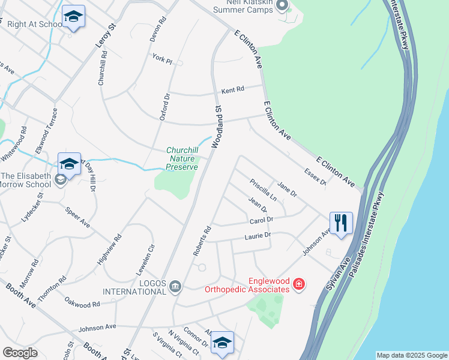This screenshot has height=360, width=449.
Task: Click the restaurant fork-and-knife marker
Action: pyautogui.click(x=341, y=223)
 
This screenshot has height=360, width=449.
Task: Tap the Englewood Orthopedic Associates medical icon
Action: pyautogui.click(x=299, y=284)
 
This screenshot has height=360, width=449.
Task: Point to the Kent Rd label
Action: pyautogui.click(x=233, y=90)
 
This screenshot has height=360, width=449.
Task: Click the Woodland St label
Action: pyautogui.click(x=217, y=125)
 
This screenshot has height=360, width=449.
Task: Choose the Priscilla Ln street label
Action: pyautogui.click(x=264, y=189)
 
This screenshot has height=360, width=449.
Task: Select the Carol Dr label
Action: pyautogui.click(x=261, y=221)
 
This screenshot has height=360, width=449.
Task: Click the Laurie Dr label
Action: pyautogui.click(x=258, y=236)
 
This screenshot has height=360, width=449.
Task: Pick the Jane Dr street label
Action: pyautogui.click(x=287, y=190)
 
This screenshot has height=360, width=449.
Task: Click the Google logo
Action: pyautogui.click(x=20, y=353)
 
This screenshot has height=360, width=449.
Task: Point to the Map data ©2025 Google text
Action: pyautogui.click(x=412, y=355)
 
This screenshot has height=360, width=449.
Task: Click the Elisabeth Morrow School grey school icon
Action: pyautogui.click(x=59, y=179)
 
